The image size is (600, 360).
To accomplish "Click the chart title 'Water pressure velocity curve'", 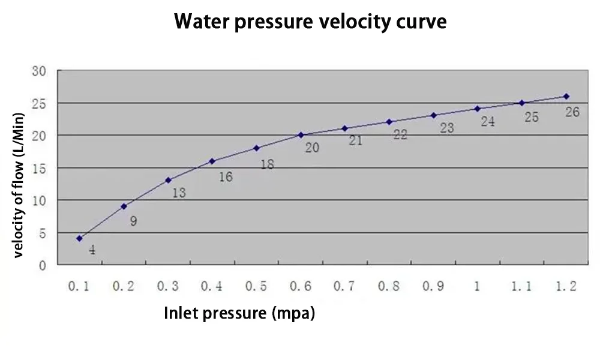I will pos(310,22).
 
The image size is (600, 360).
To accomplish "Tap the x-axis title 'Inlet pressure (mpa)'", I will pos(239,313).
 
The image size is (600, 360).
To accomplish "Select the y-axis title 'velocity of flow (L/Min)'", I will pos(19,185).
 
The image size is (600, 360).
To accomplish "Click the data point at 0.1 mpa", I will pos(79,238).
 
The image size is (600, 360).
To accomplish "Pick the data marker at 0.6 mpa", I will pos(301,135).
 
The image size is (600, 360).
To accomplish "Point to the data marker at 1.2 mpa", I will pos(566,96).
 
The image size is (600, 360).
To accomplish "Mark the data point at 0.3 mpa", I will pos(168,180).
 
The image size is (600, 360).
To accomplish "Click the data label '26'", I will pos(572,112).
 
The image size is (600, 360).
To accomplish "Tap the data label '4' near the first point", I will pos(92,250).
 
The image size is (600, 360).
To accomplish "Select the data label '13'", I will pos(179,193).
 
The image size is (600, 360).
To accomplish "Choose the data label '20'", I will pos(312,148).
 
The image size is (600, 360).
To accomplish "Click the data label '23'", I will pos(446,128).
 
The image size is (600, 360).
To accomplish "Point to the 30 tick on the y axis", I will pos(39,71).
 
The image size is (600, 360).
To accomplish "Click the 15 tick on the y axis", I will pos(39,169).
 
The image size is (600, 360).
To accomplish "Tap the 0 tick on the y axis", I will pos(43,265).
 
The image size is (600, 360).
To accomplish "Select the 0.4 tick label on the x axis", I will pos(212,287).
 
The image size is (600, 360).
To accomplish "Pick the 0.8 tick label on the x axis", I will pos(389,287).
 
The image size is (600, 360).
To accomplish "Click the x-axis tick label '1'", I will pos(477,287).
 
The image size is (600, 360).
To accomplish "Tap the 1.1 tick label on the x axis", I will pos(521,287).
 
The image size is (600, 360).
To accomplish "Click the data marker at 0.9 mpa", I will pos(433,115).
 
